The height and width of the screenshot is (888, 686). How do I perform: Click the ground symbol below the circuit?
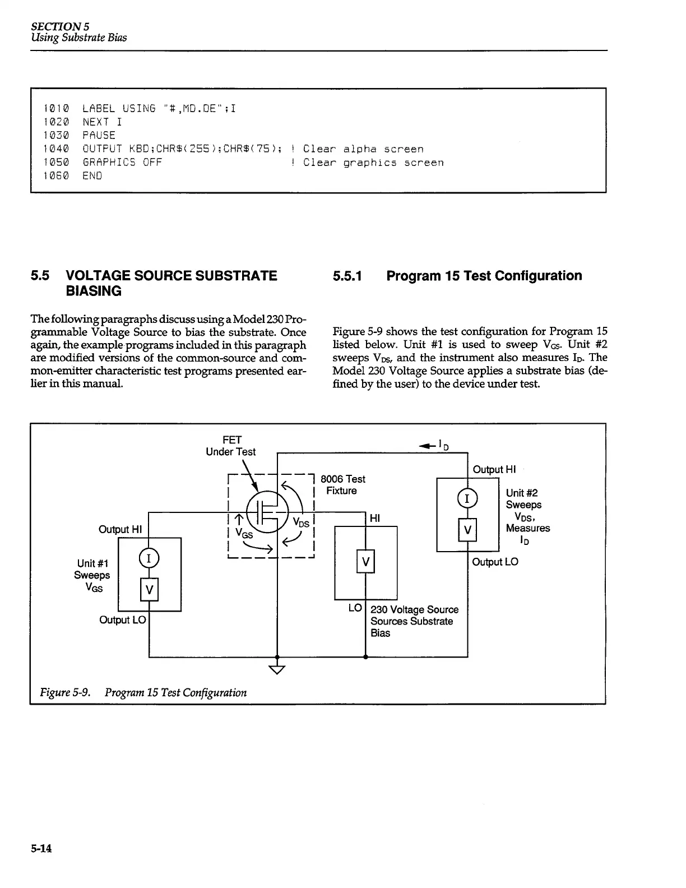pyautogui.click(x=277, y=669)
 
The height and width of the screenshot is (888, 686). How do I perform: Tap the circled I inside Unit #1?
pyautogui.click(x=149, y=558)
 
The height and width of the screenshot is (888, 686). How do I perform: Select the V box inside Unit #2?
pyautogui.click(x=467, y=530)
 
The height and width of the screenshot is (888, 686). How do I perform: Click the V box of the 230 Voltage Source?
pyautogui.click(x=365, y=562)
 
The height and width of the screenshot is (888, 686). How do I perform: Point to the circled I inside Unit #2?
pyautogui.click(x=467, y=498)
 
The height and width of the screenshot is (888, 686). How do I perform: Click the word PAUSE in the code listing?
pyautogui.click(x=99, y=136)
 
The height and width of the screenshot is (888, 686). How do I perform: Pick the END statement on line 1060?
pyautogui.click(x=92, y=176)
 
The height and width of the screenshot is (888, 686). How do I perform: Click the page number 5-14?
pyautogui.click(x=41, y=849)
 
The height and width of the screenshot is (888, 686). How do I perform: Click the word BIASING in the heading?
pyautogui.click(x=94, y=291)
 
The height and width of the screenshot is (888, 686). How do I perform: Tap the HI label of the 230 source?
pyautogui.click(x=375, y=519)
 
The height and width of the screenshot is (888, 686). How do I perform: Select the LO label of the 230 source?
pyautogui.click(x=355, y=608)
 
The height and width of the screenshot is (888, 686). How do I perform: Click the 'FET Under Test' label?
pyautogui.click(x=230, y=446)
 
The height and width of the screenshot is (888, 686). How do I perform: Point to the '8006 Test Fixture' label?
pyautogui.click(x=342, y=485)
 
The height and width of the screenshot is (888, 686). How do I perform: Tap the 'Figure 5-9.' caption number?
pyautogui.click(x=65, y=692)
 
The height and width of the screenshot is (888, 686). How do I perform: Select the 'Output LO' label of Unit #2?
pyautogui.click(x=495, y=562)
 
